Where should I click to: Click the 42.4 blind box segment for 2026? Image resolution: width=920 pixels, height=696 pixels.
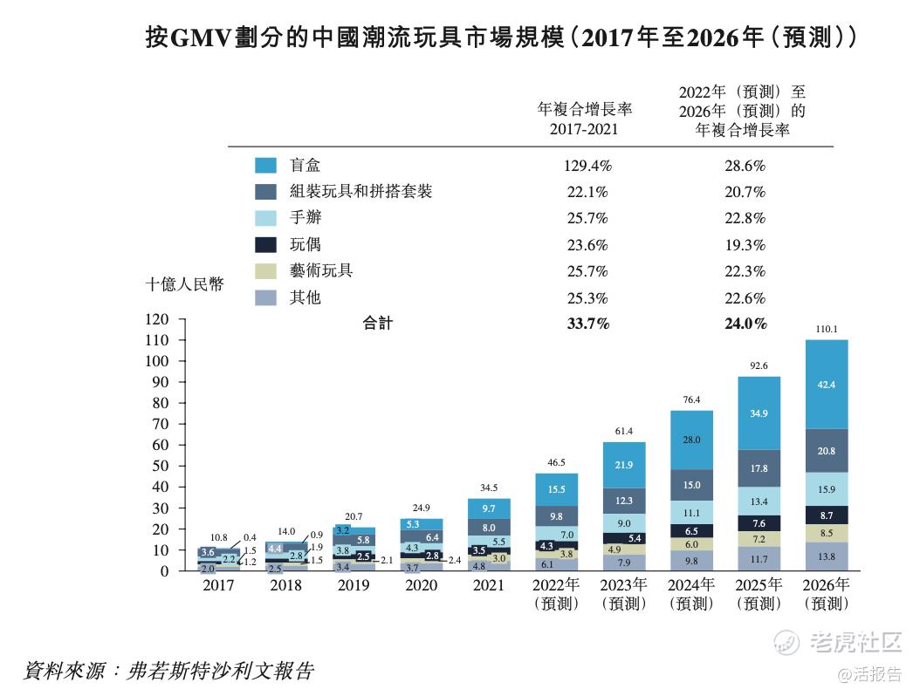pos(826,385)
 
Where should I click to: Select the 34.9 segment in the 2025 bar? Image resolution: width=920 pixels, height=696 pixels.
pos(759,413)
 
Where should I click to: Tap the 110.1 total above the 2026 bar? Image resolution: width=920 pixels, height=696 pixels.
pos(826,329)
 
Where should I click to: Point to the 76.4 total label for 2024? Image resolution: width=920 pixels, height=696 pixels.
pos(691,399)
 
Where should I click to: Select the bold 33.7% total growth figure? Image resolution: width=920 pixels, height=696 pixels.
pos(587,324)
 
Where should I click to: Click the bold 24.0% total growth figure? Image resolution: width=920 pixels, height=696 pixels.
pos(745,324)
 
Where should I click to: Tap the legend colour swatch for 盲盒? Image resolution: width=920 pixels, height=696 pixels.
pos(265,165)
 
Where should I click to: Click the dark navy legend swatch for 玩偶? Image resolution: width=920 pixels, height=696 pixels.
pos(265,245)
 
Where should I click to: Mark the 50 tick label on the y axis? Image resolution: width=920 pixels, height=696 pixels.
pos(160,466)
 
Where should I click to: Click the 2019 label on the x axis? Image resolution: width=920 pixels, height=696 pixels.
pos(354,585)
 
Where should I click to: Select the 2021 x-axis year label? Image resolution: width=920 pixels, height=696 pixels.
pos(489,585)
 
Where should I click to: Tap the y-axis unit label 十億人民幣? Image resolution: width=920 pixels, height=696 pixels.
pos(184,284)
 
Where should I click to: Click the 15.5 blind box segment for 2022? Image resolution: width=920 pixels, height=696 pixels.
pos(556,490)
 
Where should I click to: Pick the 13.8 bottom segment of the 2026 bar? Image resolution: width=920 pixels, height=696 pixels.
pos(826,556)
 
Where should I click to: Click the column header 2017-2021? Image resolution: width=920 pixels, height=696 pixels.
pos(584,128)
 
